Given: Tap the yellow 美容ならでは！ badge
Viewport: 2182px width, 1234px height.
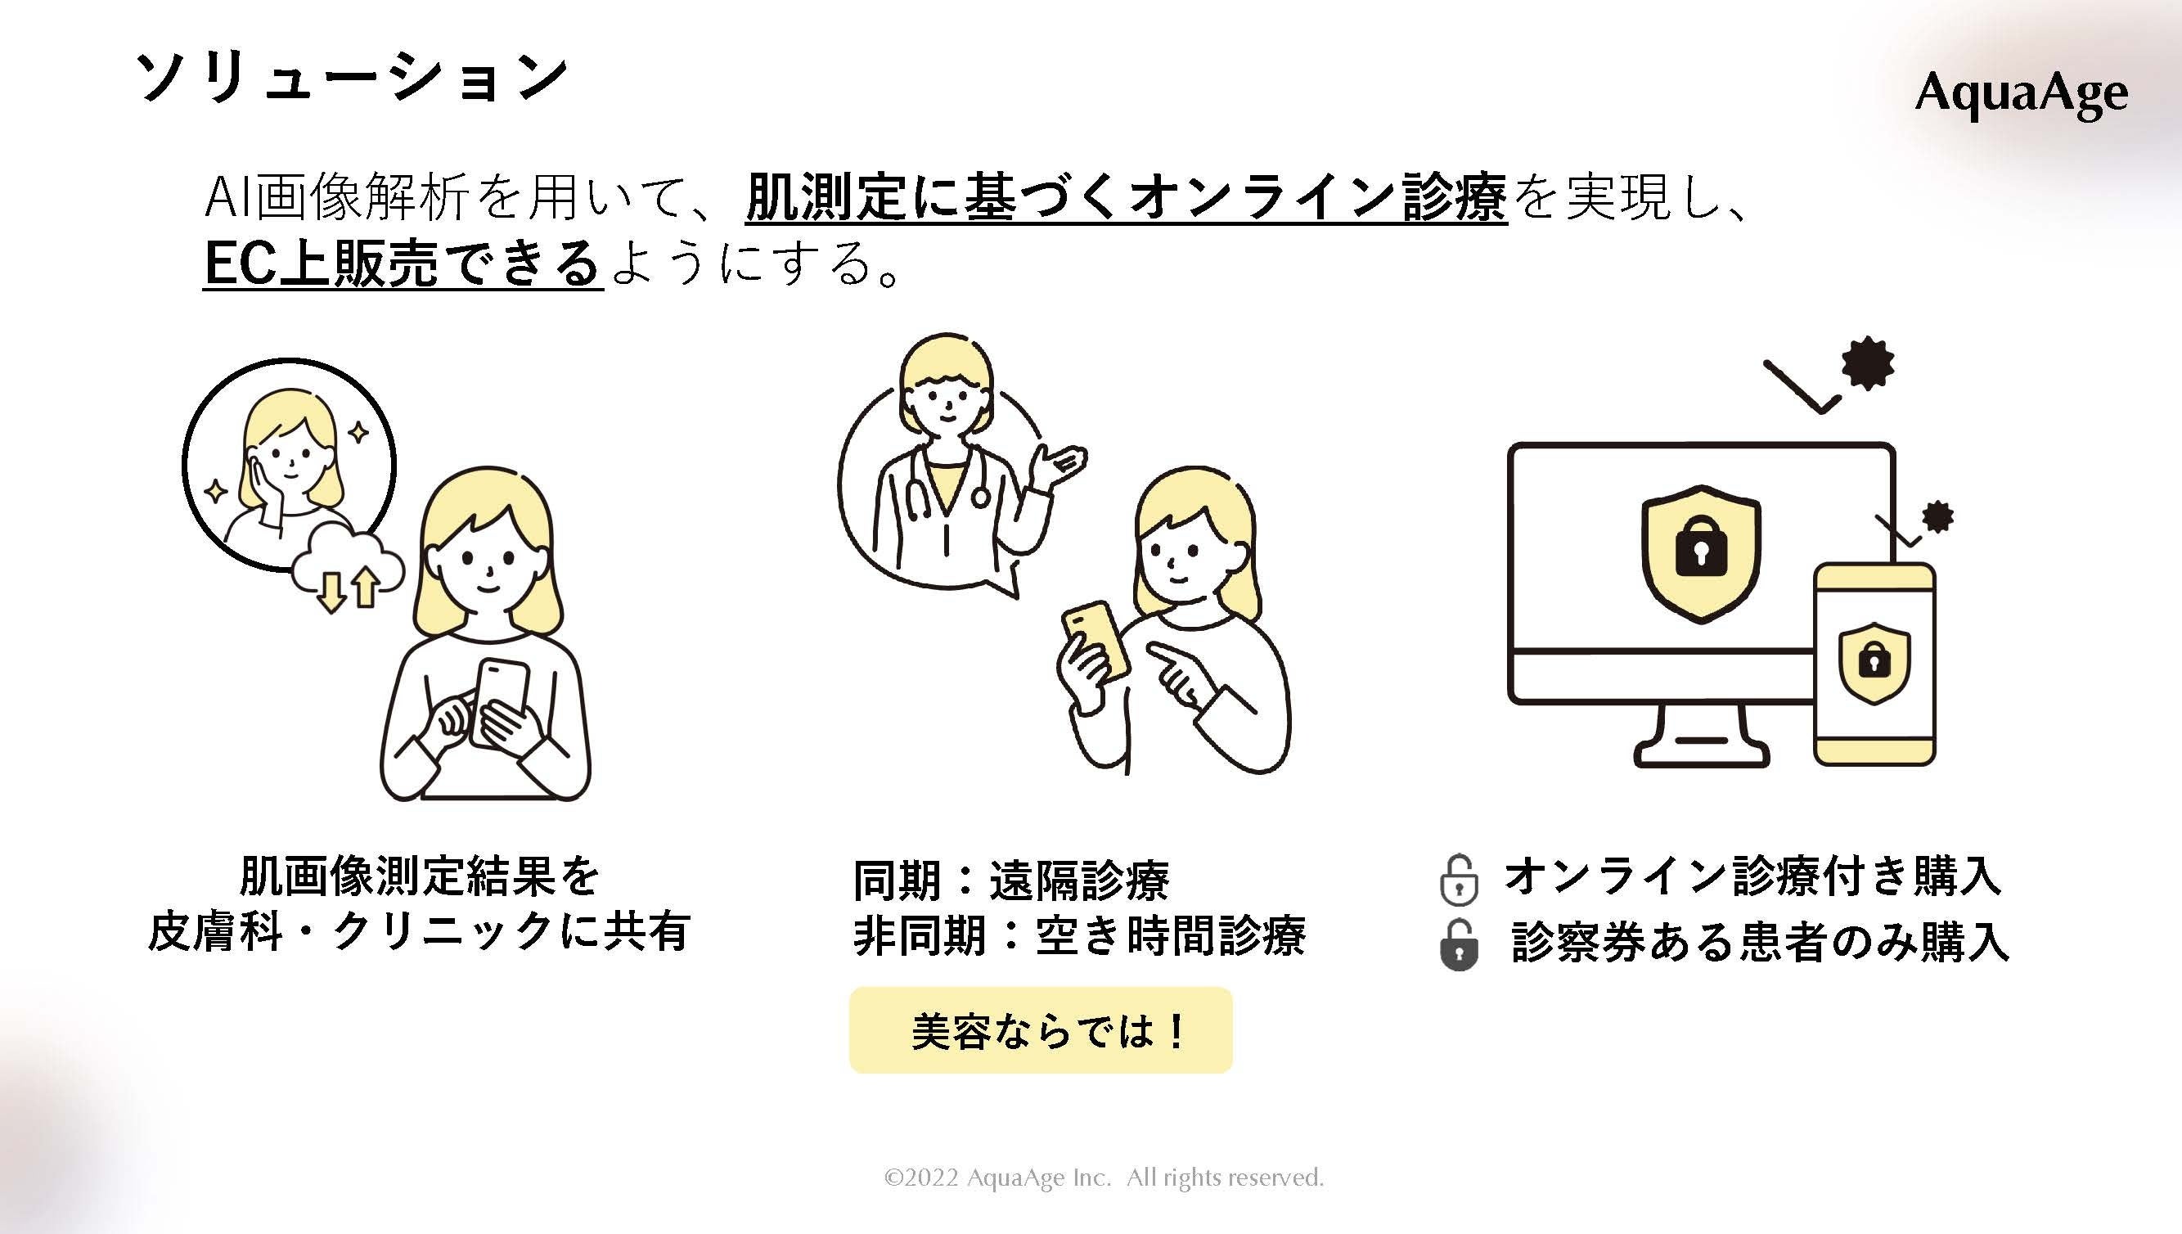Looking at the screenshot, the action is point(1041,1030).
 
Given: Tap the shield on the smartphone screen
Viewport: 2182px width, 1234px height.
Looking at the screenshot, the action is point(1874,662).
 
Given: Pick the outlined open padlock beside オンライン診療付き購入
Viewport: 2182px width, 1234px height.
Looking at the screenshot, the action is point(1458,881).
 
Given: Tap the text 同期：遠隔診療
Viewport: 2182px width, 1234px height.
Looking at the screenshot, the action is point(1011,881).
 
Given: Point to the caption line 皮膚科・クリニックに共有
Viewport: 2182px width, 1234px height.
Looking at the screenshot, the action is point(419,932).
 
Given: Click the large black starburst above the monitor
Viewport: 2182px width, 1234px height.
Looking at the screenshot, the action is point(1867,364).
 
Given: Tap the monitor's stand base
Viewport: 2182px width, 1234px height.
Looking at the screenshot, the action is point(1702,751).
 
